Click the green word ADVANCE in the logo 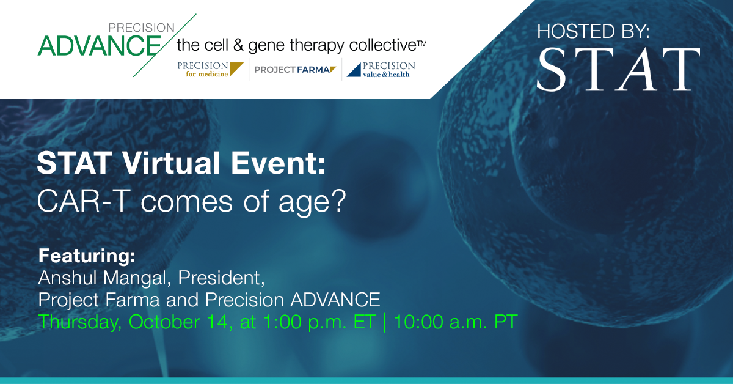[x=99, y=45]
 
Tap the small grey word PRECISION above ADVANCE [x=141, y=28]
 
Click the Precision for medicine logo [x=210, y=69]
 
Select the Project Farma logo [x=295, y=70]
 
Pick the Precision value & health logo [x=381, y=70]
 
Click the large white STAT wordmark [x=618, y=69]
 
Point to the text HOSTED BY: [x=593, y=31]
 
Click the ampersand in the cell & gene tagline [x=238, y=45]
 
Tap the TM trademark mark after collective [x=422, y=43]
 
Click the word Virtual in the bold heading [x=170, y=163]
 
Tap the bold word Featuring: [x=87, y=256]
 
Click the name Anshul [x=68, y=278]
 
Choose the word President [x=221, y=278]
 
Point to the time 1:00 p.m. [x=305, y=322]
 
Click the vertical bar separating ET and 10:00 [x=384, y=322]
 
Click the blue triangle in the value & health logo [x=354, y=70]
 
